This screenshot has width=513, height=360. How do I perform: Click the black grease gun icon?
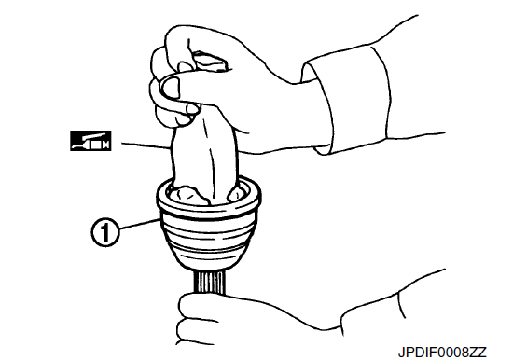pyautogui.click(x=90, y=141)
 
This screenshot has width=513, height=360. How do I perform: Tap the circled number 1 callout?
pyautogui.click(x=104, y=232)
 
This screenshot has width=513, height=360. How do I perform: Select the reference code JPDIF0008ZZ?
pyautogui.click(x=442, y=353)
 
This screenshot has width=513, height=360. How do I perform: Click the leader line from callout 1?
pyautogui.click(x=140, y=226)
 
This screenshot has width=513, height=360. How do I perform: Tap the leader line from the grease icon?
pyautogui.click(x=146, y=145)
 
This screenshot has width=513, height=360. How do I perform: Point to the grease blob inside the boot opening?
pyautogui.click(x=188, y=195)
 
